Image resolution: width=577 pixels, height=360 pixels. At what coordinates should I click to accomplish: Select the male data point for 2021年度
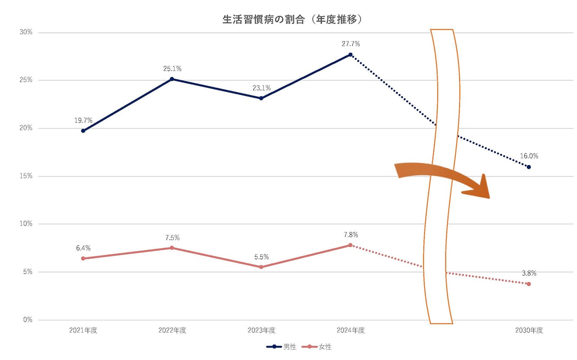(x=83, y=131)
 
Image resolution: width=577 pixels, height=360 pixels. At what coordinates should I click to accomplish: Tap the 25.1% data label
(x=172, y=69)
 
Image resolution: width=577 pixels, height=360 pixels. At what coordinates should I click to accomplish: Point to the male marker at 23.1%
(x=261, y=98)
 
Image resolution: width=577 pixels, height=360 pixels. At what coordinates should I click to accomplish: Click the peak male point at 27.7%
(x=350, y=54)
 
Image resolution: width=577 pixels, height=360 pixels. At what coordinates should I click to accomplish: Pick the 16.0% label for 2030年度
(x=529, y=156)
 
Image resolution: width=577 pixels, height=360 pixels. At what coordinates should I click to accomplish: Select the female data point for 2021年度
(x=83, y=258)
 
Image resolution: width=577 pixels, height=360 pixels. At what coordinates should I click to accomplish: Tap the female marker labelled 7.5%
(x=172, y=248)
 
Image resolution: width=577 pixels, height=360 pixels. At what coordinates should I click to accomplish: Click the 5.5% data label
(x=261, y=257)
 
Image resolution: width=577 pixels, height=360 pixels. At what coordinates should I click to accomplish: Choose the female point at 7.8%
(x=350, y=245)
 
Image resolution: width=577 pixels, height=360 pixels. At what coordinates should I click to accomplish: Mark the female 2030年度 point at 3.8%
(x=529, y=284)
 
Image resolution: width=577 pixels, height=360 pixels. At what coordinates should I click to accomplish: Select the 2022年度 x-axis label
(x=172, y=330)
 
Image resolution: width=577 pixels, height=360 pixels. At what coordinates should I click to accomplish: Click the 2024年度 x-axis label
(x=350, y=330)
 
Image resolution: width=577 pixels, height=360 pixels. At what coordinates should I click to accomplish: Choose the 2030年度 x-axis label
(x=529, y=330)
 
